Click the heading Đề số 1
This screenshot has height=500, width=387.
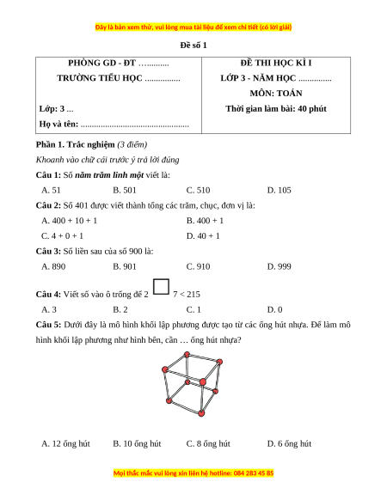point(193,46)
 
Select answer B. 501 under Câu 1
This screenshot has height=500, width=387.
point(125,191)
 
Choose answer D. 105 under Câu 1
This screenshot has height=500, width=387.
point(279,191)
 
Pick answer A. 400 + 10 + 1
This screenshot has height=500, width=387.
point(70,221)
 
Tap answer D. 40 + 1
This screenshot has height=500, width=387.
point(203,236)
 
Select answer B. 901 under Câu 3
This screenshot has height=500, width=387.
point(125,266)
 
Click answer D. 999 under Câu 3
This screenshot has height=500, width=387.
point(279,266)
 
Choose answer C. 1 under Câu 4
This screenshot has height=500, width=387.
point(193,309)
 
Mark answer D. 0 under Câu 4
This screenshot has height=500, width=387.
point(274,309)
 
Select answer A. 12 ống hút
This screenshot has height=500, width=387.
point(65,443)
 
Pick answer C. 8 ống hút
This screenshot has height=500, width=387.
point(208,443)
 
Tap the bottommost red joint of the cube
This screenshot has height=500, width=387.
point(201,413)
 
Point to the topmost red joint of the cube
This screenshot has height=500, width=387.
point(187,354)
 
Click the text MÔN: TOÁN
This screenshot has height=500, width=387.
point(276,94)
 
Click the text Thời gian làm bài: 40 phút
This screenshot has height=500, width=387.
point(276,109)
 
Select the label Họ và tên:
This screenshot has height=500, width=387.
point(58,124)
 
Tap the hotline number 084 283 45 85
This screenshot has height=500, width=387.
point(254,473)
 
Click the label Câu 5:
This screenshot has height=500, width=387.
point(48,325)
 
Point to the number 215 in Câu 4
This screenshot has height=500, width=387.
point(193,295)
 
